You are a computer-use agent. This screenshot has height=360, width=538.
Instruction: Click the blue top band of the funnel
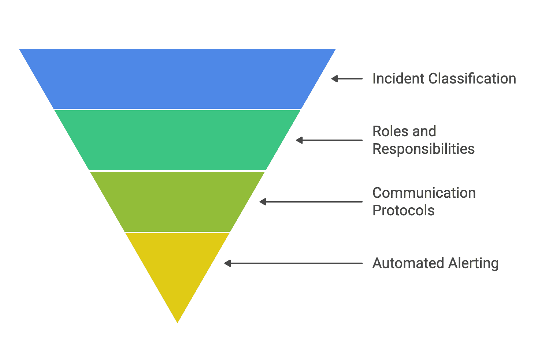tap(177, 79)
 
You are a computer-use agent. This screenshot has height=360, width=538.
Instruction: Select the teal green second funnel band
tap(177, 140)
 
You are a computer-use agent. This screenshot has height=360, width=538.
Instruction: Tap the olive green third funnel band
tap(177, 201)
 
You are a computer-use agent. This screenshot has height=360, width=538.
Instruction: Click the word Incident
tap(398, 79)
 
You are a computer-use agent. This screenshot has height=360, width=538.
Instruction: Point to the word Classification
tap(472, 79)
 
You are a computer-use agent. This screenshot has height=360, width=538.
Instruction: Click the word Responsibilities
tap(423, 149)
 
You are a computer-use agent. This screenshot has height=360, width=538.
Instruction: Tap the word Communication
tap(424, 193)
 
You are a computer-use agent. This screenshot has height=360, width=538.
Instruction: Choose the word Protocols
tap(403, 211)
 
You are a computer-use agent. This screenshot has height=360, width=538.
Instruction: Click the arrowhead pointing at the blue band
tap(334, 79)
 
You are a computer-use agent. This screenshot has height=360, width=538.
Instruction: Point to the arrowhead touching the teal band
tap(299, 140)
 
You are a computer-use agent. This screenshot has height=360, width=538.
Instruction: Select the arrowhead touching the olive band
tap(263, 202)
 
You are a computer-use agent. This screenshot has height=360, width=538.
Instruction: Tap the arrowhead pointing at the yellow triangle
tap(227, 263)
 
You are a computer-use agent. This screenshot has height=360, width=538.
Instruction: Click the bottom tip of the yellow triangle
tap(178, 321)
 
